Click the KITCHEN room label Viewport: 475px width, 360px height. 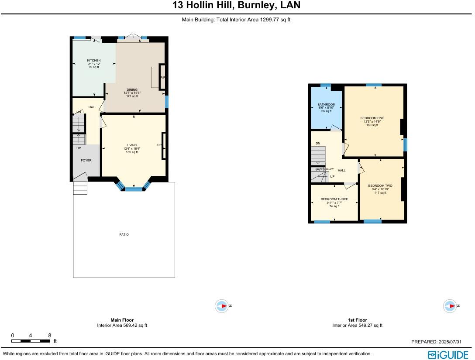pos(94,61)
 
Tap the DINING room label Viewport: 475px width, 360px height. pos(132,90)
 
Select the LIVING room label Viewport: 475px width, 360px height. pos(132,145)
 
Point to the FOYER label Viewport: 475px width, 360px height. pos(86,161)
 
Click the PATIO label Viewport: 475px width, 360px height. pos(124,235)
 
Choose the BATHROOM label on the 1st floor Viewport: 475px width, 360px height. pos(327,105)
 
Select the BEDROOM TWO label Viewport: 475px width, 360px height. pos(380,186)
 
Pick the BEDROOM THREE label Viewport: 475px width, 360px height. pos(334,199)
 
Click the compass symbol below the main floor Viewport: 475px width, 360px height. pos(222,306)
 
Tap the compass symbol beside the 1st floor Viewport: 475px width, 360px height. pos(450,306)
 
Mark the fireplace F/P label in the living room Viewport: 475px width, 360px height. pos(159,145)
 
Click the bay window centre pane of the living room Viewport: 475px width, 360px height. pos(134,189)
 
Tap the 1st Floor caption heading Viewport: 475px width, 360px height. pos(357,320)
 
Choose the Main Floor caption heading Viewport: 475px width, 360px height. pos(122,320)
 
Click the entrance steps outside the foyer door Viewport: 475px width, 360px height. pos(80,188)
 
